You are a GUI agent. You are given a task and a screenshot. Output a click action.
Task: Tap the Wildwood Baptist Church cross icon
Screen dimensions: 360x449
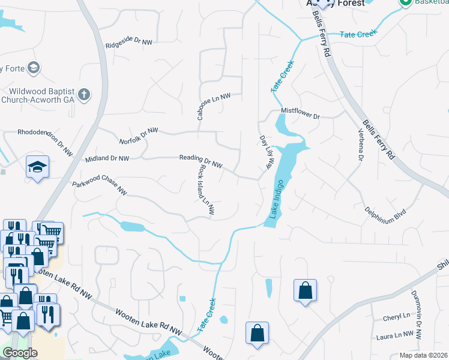tap(84, 94)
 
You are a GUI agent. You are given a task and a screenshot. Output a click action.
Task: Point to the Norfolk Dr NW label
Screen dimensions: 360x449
tap(139, 136)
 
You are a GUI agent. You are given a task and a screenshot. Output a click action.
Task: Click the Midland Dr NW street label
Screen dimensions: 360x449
tap(107, 158)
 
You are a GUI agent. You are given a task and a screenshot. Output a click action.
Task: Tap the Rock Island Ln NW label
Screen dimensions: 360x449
tap(206, 191)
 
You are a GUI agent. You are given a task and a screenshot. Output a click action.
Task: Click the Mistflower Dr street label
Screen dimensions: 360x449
tap(301, 112)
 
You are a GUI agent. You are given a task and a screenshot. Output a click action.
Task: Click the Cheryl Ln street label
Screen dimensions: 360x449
tap(397, 316)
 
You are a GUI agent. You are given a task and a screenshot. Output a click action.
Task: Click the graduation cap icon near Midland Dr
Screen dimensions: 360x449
tap(37, 166)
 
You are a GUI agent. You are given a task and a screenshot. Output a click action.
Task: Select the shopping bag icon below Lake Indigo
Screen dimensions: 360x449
tap(305, 290)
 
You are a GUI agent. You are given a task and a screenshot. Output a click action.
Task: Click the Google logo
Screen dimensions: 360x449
tap(20, 353)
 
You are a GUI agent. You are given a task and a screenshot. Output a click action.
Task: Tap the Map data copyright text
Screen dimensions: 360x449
tap(424, 355)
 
